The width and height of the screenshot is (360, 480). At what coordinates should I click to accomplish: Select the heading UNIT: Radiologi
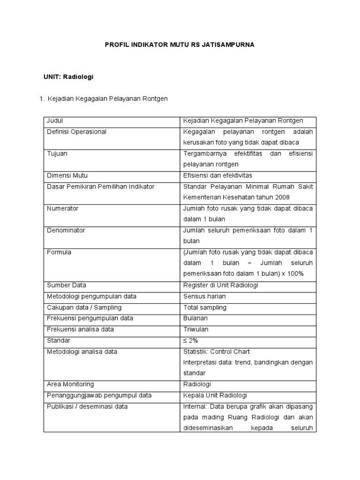point(68,76)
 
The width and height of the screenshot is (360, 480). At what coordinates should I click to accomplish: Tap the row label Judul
point(55,121)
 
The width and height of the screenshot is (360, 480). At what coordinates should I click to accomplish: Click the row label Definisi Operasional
point(76,132)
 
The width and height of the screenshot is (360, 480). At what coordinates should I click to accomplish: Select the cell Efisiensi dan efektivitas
point(217,175)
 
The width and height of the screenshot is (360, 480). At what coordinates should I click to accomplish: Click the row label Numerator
point(62,208)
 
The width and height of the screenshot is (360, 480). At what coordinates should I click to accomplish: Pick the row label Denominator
point(66,230)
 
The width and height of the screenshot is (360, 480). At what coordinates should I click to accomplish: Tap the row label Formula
point(59,252)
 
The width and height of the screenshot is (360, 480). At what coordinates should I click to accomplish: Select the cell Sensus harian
point(204,296)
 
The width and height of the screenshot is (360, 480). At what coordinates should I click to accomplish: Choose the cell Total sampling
point(205,307)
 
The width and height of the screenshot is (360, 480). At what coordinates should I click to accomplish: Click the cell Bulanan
point(195,318)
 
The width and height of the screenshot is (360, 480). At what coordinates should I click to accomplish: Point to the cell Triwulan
point(195,329)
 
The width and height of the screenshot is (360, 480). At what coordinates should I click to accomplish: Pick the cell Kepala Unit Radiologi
point(215,395)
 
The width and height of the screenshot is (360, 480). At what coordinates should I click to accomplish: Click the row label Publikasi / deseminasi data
point(87,406)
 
